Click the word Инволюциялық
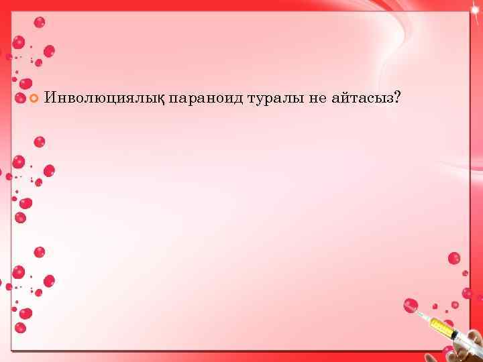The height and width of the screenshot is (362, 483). (x=103, y=99)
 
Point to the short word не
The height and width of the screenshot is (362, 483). (x=316, y=99)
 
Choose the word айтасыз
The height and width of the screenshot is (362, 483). (x=362, y=99)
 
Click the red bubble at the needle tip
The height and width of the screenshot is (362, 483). (x=411, y=306)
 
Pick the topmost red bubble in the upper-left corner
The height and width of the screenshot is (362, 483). (x=39, y=22)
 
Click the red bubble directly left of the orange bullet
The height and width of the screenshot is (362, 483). (x=16, y=99)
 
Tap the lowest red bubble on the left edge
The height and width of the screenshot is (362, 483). (x=20, y=328)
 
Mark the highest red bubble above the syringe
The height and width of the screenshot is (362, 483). (x=454, y=258)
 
